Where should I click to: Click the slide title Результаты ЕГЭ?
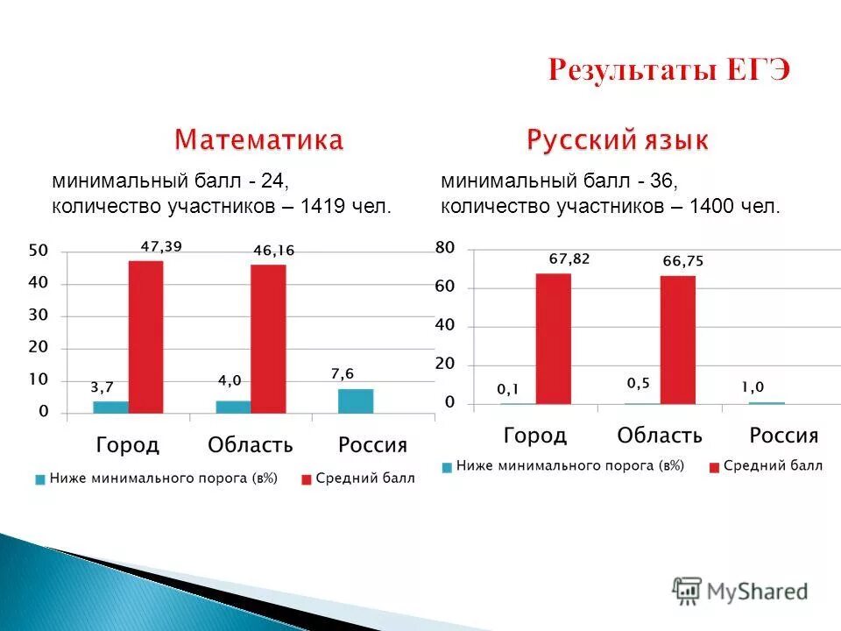coord(669,70)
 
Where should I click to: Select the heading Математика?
coord(258,139)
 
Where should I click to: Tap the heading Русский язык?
coord(618,139)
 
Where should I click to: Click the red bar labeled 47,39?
coord(145,337)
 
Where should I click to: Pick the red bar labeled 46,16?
coord(268,338)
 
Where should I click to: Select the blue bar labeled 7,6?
coord(356,401)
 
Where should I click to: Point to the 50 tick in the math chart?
coord(39,251)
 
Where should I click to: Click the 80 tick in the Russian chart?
coord(445,249)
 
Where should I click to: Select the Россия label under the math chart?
coord(372,445)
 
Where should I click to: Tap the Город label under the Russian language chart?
coord(535,435)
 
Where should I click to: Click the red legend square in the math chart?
coord(306,479)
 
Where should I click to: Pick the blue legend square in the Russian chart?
coord(447,467)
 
